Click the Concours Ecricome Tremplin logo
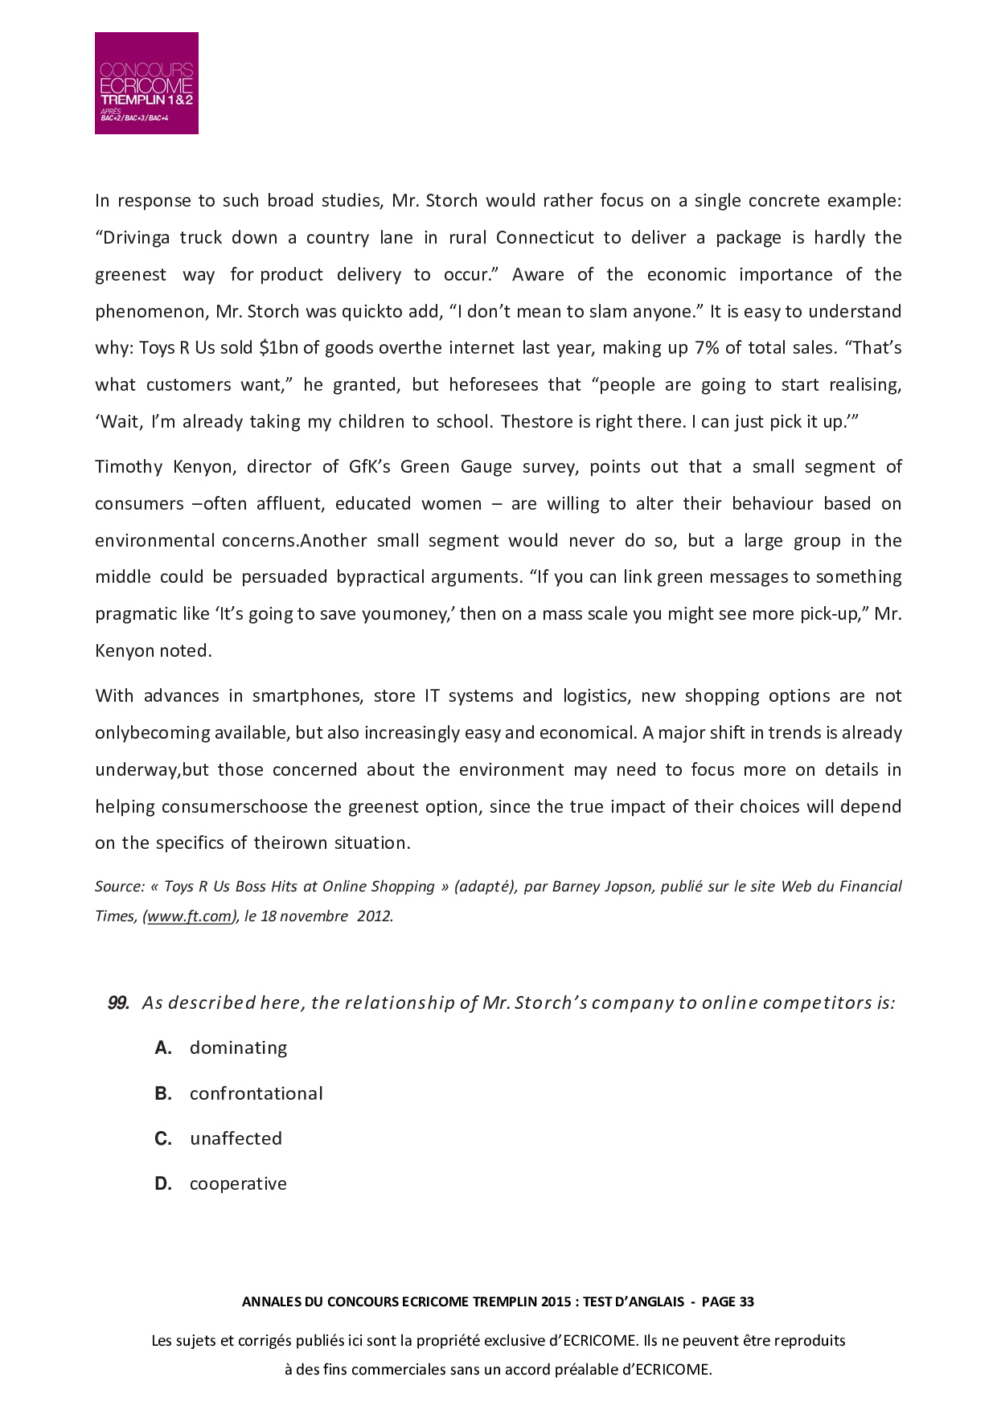point(146,83)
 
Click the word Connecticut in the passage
point(544,238)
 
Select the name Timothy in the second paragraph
point(129,467)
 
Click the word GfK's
point(369,467)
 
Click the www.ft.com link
point(190,916)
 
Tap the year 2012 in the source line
point(374,916)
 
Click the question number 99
point(118,1003)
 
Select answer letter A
point(164,1048)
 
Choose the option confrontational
point(256,1094)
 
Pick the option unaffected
point(236,1139)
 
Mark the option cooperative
point(238,1184)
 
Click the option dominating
point(238,1048)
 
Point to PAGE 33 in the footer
point(727,1302)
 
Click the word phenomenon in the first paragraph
point(150,312)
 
